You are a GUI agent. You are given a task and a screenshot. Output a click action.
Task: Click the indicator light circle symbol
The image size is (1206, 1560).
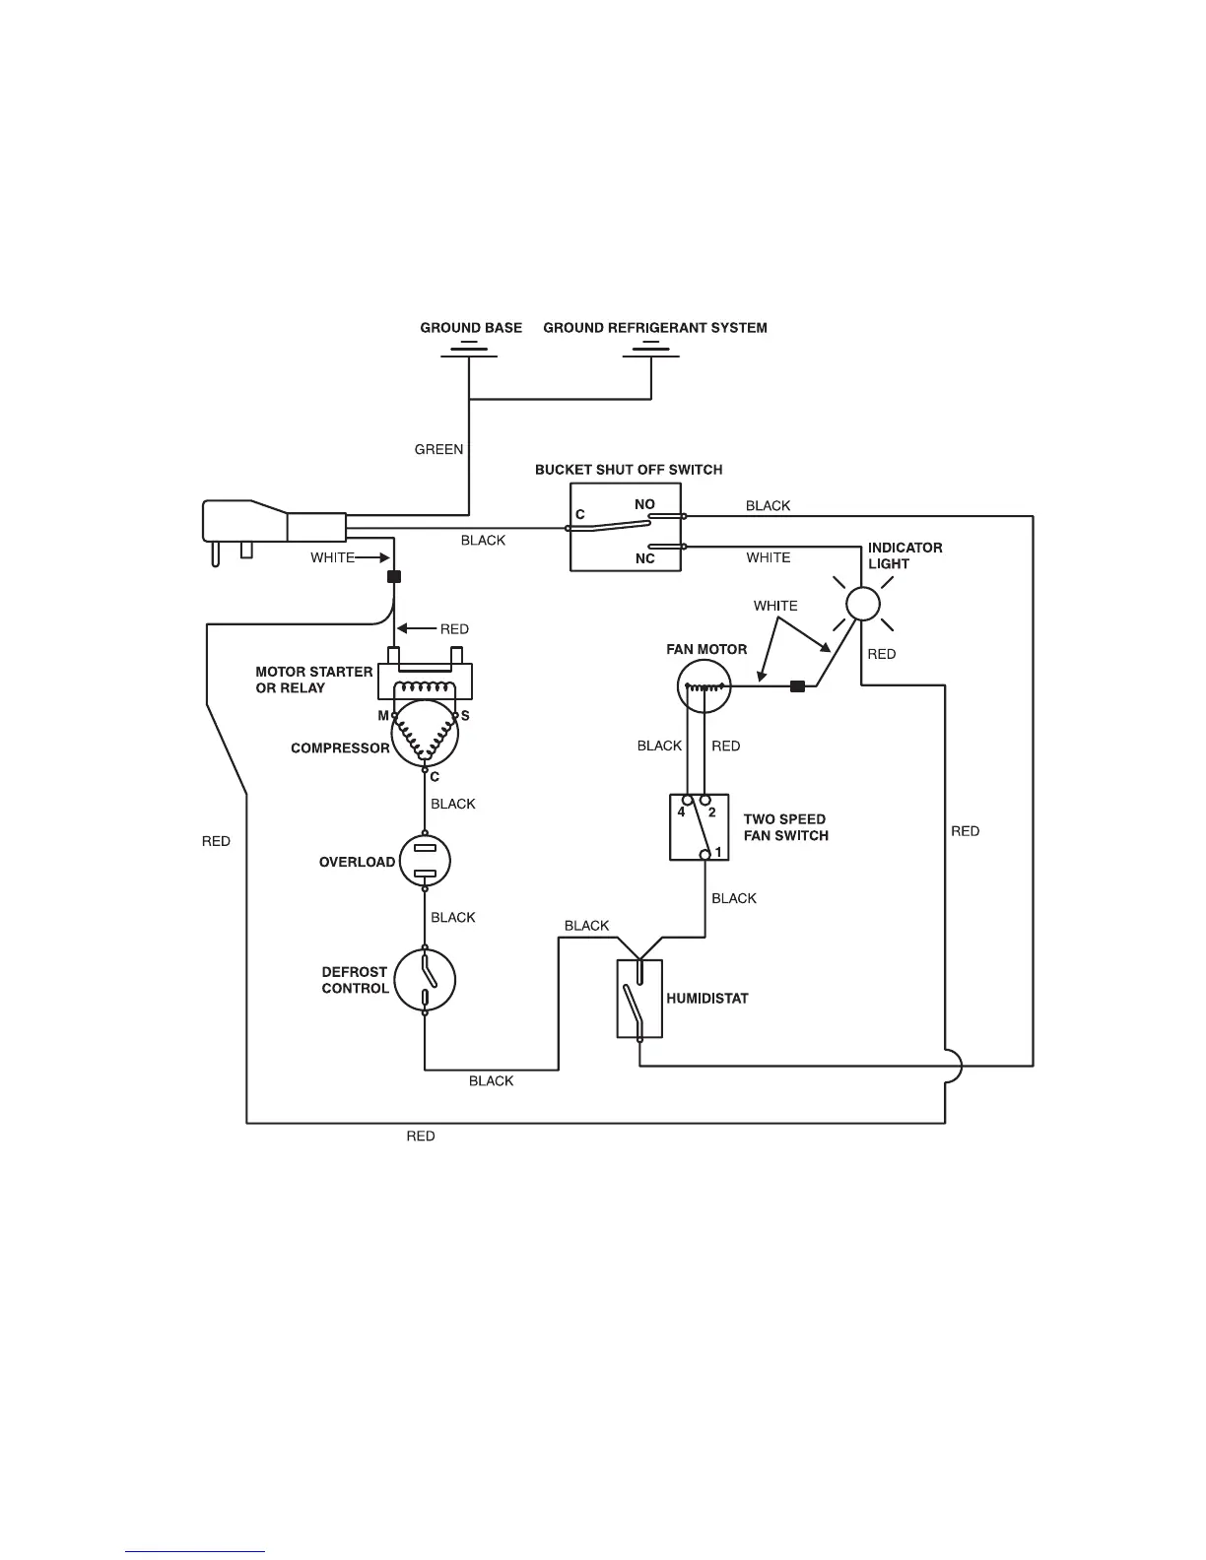pyautogui.click(x=862, y=604)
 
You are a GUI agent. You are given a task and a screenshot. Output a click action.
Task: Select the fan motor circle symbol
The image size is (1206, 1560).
pyautogui.click(x=704, y=686)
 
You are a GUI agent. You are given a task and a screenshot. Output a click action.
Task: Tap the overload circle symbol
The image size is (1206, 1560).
pyautogui.click(x=425, y=861)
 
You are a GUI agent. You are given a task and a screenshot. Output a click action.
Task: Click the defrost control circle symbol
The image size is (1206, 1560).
pyautogui.click(x=425, y=981)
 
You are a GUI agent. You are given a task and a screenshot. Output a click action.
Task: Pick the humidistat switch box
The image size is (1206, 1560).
pyautogui.click(x=639, y=999)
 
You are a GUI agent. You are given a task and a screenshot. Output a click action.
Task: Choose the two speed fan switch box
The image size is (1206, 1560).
pyautogui.click(x=700, y=827)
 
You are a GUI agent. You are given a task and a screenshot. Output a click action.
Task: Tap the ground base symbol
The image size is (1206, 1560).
pyautogui.click(x=469, y=350)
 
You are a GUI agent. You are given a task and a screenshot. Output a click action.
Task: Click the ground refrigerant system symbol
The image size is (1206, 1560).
pyautogui.click(x=651, y=350)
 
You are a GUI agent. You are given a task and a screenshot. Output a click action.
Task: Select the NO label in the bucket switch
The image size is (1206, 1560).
pyautogui.click(x=644, y=504)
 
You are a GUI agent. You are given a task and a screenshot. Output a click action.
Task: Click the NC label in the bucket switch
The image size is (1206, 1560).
pyautogui.click(x=644, y=558)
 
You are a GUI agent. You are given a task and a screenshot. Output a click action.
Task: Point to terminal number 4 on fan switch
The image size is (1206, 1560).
pyautogui.click(x=681, y=812)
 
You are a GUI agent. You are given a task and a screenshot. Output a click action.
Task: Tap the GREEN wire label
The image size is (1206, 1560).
pyautogui.click(x=438, y=449)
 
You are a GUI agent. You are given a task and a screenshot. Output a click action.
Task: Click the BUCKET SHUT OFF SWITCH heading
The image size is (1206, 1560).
pyautogui.click(x=629, y=470)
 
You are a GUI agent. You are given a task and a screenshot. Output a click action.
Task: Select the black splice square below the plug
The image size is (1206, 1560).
pyautogui.click(x=394, y=576)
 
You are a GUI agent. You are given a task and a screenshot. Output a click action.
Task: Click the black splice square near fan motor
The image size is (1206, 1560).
pyautogui.click(x=798, y=686)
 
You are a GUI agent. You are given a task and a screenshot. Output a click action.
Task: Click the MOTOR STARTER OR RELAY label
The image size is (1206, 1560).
pyautogui.click(x=313, y=680)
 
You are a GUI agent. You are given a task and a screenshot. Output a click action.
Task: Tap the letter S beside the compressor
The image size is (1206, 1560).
pyautogui.click(x=465, y=716)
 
